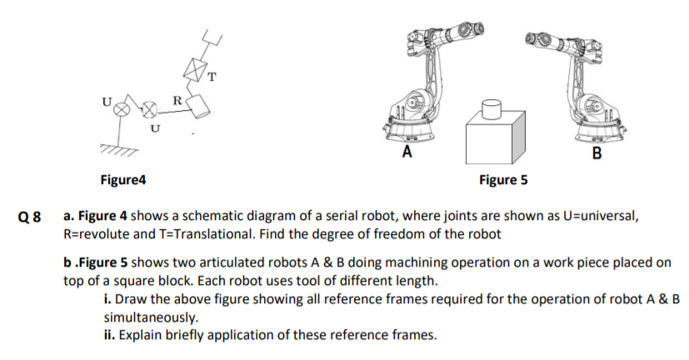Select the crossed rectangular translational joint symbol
[197, 71]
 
